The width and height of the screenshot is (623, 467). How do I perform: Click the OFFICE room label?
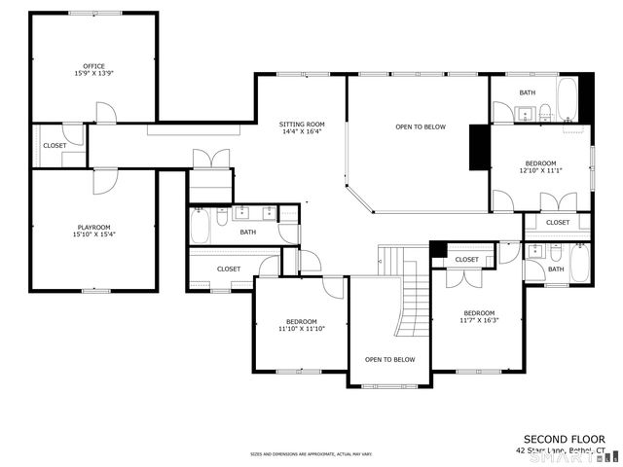(x=93, y=66)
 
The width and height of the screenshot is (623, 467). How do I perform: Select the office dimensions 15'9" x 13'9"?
(x=93, y=74)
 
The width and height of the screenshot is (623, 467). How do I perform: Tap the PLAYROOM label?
(x=93, y=227)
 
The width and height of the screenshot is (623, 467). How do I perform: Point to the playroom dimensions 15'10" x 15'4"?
(x=93, y=234)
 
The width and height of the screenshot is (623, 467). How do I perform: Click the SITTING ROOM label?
(x=301, y=125)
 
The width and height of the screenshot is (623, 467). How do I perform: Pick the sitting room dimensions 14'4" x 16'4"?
(x=301, y=132)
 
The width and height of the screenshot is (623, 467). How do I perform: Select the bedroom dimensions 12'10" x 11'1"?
(x=540, y=170)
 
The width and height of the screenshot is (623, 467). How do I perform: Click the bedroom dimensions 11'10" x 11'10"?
(x=301, y=329)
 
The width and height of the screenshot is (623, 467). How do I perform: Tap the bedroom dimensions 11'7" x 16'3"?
(x=478, y=320)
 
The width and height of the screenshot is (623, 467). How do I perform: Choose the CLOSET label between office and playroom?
(x=55, y=146)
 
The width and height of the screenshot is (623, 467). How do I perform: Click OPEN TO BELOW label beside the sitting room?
(x=421, y=126)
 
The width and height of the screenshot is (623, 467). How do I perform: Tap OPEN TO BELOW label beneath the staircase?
(x=389, y=360)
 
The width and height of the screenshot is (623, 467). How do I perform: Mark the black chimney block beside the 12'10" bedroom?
(x=479, y=149)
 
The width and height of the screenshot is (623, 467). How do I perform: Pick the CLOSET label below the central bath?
(x=229, y=269)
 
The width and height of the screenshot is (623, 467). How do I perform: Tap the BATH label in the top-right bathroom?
(x=527, y=92)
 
